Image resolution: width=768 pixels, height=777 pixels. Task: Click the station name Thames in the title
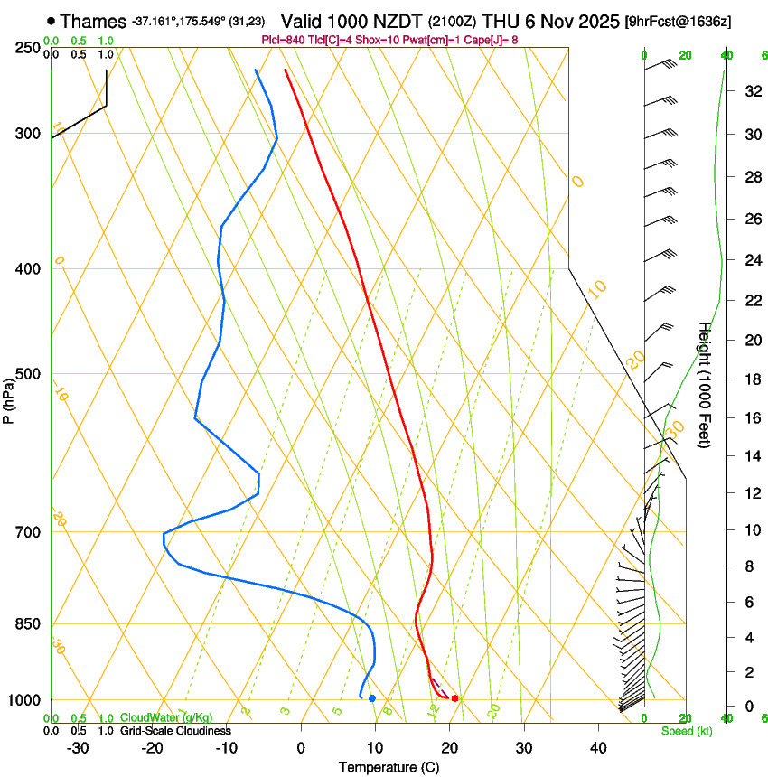point(93,21)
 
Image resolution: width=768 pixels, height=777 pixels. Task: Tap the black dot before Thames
point(51,21)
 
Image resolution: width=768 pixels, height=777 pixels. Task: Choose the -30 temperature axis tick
point(78,748)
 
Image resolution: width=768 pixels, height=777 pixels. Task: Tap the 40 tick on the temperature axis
point(597,748)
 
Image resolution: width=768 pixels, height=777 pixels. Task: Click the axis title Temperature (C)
point(389,767)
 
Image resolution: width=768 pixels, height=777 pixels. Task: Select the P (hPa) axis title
point(9,398)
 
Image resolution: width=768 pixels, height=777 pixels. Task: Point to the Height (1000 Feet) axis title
point(705,384)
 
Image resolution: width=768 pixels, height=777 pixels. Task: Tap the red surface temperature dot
point(454,698)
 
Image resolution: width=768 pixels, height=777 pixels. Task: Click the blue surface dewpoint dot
point(371,698)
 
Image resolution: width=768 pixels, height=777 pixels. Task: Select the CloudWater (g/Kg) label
point(167,718)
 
